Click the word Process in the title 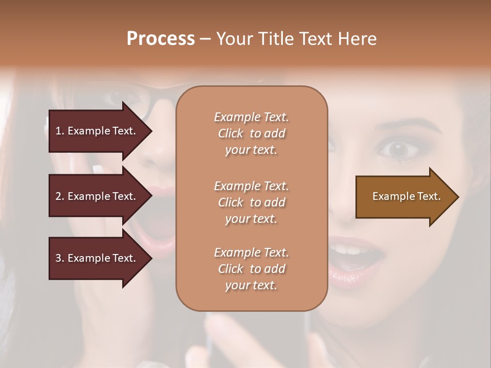pos(161,39)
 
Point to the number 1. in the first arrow pos(60,131)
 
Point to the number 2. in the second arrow pos(60,196)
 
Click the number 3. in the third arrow pos(60,258)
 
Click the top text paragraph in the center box pos(251,133)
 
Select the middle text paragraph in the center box pos(251,202)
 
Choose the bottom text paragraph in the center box pos(251,269)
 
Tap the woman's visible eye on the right pos(397,149)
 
